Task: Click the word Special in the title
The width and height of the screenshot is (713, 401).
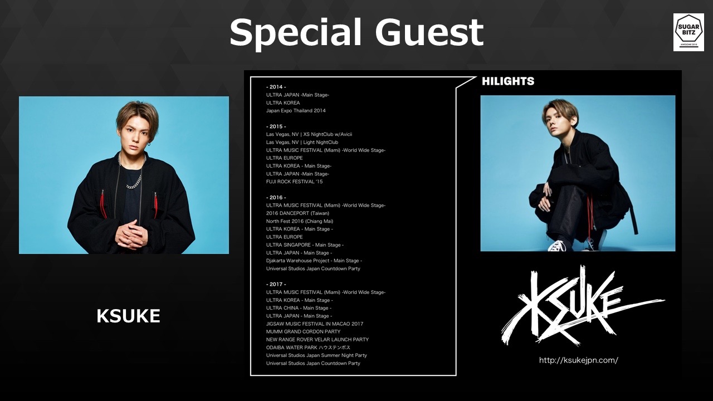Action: pyautogui.click(x=296, y=33)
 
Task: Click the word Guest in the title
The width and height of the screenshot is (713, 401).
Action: pyautogui.click(x=429, y=32)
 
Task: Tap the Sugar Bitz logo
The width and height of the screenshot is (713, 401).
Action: pyautogui.click(x=688, y=32)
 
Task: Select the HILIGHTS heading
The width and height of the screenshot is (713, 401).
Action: pyautogui.click(x=508, y=81)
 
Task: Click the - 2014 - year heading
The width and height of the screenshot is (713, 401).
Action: pyautogui.click(x=276, y=87)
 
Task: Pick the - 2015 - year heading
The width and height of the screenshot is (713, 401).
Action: pyautogui.click(x=276, y=126)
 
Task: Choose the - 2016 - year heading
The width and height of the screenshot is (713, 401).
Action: pyautogui.click(x=276, y=197)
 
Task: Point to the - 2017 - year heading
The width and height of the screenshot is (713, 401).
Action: pyautogui.click(x=276, y=284)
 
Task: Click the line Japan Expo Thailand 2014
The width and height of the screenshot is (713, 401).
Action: pyautogui.click(x=296, y=111)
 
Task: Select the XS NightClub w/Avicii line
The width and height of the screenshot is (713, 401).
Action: pyautogui.click(x=309, y=134)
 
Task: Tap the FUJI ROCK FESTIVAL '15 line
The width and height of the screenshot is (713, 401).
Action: pyautogui.click(x=295, y=182)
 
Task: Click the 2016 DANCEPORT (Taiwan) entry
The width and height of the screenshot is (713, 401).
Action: pyautogui.click(x=297, y=213)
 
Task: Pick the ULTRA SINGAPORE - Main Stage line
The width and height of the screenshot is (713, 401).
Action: pyautogui.click(x=305, y=244)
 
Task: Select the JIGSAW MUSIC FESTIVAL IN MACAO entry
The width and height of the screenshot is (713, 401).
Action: pyautogui.click(x=315, y=324)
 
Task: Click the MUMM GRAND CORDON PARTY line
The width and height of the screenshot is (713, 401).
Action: pyautogui.click(x=304, y=331)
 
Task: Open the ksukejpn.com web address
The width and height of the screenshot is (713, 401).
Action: pyautogui.click(x=579, y=360)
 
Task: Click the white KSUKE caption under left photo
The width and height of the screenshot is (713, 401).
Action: pyautogui.click(x=128, y=316)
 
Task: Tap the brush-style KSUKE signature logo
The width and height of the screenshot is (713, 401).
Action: pyautogui.click(x=583, y=306)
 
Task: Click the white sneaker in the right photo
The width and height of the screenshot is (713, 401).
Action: pyautogui.click(x=556, y=246)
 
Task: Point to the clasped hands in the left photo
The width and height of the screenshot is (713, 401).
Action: pyautogui.click(x=132, y=234)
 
